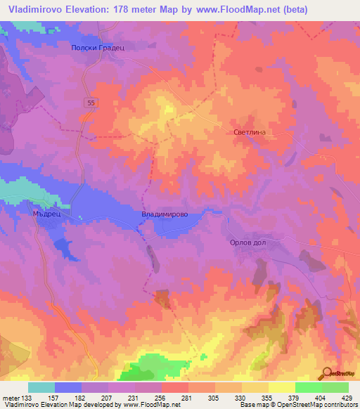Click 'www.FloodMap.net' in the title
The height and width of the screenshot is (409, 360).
210,9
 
